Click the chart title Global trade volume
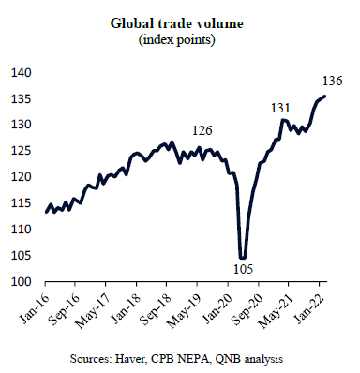177,23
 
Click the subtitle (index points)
177,40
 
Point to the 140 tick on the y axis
22,73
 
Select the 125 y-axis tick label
22,151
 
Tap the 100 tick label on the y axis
22,282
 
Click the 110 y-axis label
22,230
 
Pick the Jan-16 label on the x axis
35,308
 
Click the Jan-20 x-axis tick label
217,308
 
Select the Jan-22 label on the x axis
308,308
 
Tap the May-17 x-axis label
94,310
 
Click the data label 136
333,81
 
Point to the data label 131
280,108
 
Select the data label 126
202,130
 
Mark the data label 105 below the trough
243,269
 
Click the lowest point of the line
242,258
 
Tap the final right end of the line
325,97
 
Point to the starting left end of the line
47,212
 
